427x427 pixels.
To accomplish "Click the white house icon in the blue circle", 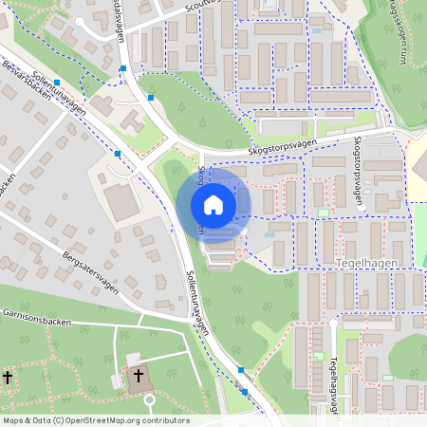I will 213,205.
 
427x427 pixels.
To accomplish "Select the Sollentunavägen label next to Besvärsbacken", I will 58,91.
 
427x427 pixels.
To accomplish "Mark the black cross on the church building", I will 138,377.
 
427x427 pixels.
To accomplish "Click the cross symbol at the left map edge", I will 7,378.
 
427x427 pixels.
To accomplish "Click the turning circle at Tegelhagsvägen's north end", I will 333,321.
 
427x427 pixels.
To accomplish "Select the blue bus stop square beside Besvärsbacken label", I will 57,83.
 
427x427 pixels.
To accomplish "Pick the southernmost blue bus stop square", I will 245,391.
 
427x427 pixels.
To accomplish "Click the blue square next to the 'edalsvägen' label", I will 123,68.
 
